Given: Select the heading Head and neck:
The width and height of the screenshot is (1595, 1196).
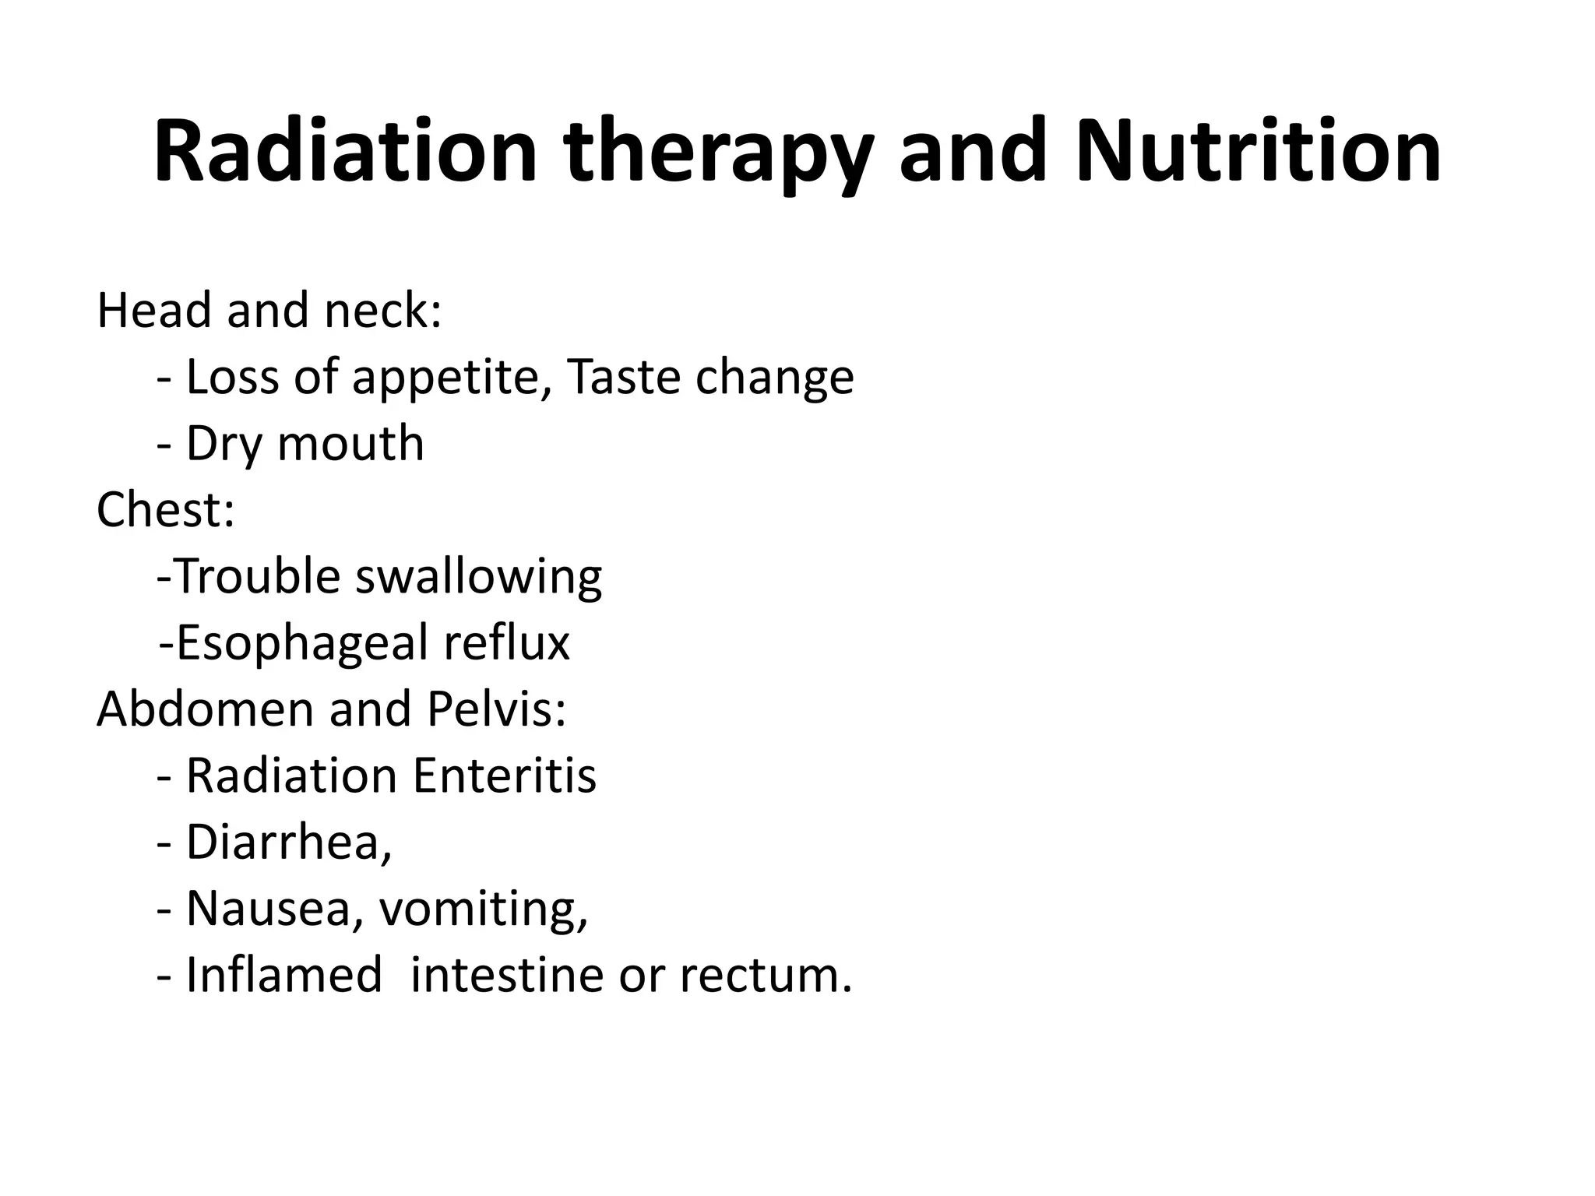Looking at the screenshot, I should click(269, 310).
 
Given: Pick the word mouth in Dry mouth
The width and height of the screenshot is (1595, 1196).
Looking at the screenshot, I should click(350, 444).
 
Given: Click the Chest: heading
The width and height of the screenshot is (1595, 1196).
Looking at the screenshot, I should click(165, 510).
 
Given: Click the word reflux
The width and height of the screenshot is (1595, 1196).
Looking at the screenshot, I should click(506, 643).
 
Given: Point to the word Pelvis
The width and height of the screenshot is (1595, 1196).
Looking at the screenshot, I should click(495, 709).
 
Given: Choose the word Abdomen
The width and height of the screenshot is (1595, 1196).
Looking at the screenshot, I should click(204, 709).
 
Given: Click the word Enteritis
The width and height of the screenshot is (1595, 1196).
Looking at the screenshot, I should click(504, 776).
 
